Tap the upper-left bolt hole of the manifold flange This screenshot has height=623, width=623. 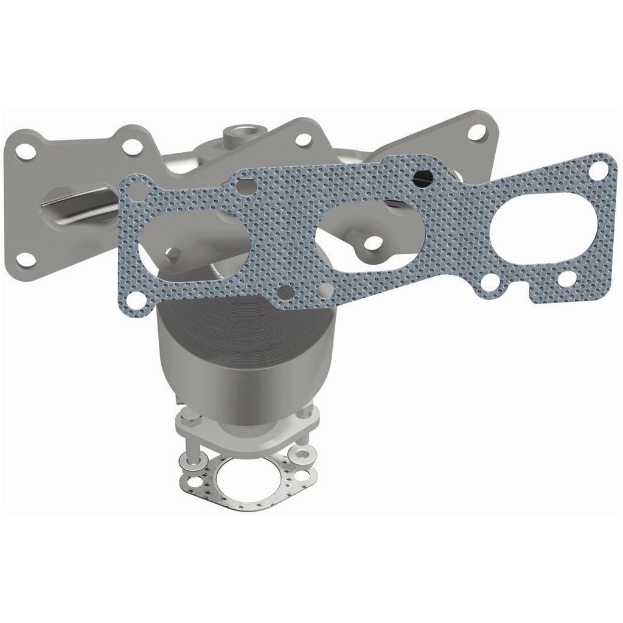click(x=26, y=151)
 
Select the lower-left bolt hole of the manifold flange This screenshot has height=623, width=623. click(x=26, y=258)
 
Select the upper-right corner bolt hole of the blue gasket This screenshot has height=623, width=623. click(x=599, y=171)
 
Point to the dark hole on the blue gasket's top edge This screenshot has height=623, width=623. click(x=422, y=177)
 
